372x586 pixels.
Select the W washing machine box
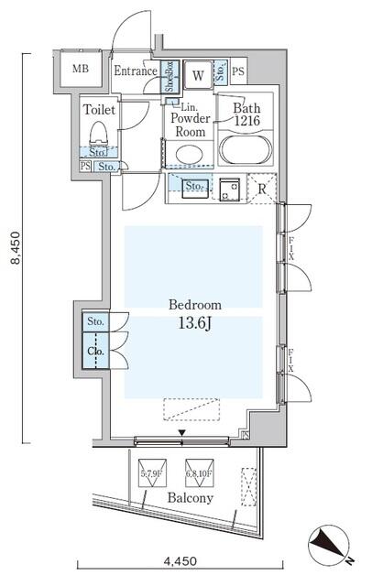click(198, 75)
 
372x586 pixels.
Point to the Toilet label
click(99, 109)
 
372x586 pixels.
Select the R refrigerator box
click(263, 190)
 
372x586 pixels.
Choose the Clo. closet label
click(95, 352)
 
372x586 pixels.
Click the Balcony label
click(190, 499)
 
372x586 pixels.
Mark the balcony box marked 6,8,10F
click(199, 473)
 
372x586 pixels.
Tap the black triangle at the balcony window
click(181, 433)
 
